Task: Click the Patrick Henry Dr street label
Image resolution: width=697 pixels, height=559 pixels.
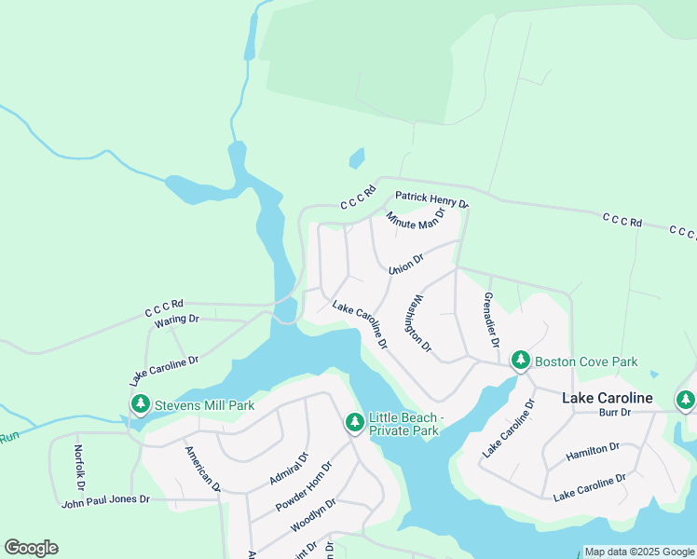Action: pos(431,199)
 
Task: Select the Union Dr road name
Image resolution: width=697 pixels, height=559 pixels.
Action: pos(406,265)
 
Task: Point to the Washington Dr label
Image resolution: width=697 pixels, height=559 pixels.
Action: pos(418,323)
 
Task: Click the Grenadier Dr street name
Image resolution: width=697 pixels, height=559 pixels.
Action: pos(490,320)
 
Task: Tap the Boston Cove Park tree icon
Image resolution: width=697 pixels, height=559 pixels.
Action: pos(520,361)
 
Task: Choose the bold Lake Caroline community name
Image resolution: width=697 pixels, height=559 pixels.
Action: pos(607,398)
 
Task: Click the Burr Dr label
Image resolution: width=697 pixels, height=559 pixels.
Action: pos(615,411)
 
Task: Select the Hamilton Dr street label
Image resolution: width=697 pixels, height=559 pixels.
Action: pos(593,454)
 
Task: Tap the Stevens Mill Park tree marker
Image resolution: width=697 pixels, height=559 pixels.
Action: pos(141,404)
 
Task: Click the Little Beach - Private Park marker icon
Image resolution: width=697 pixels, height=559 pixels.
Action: pos(355,423)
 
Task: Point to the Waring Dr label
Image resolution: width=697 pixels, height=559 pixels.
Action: pos(177,320)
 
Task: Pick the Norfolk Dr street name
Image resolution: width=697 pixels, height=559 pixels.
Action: pos(79,468)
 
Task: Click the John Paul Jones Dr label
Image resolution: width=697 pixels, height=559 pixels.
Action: pos(105,500)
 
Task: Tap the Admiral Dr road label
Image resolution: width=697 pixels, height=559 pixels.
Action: pos(288,470)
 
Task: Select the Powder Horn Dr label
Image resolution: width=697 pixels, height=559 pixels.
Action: pos(304,487)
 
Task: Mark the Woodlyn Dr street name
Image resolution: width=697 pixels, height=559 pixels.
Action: pos(313,515)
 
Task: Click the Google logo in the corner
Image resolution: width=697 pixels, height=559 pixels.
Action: pos(31,548)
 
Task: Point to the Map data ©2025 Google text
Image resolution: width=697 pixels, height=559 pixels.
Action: pos(639,552)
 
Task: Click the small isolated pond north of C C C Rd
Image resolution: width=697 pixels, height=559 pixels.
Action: pos(357,158)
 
